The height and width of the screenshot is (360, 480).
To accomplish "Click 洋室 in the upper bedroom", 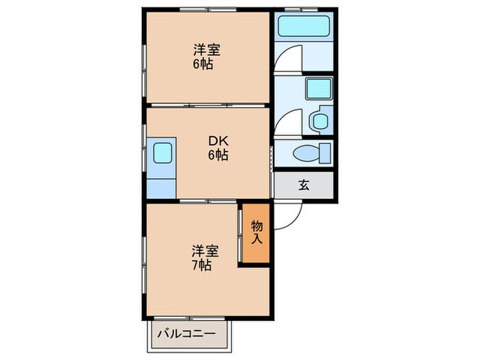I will click(206, 50).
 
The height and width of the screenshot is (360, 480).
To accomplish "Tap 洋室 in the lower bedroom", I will click(205, 250).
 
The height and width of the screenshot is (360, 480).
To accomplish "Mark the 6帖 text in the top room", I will click(203, 65).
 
